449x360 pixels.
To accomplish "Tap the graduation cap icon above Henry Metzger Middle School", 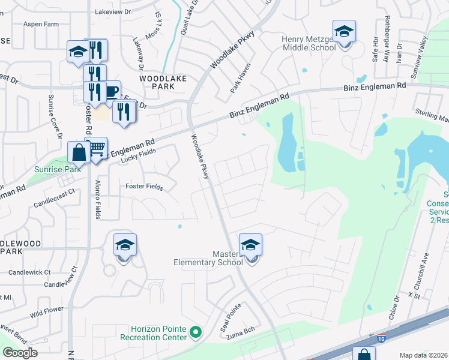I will pos(344,32).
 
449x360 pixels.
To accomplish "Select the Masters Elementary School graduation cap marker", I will pos(250,245).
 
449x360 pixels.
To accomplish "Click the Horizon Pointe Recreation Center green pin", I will pos(195,331).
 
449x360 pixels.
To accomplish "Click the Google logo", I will pos(20,353).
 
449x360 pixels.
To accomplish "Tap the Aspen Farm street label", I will pos(41,24).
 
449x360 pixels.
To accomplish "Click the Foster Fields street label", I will pos(144,187).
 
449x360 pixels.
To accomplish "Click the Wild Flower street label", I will pos(47,311).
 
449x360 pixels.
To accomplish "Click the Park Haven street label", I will pos(240,79).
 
